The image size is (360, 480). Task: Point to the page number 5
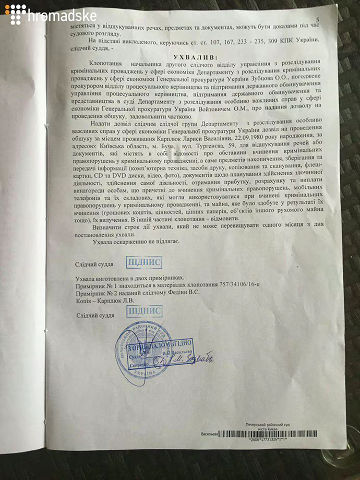pos(317,20)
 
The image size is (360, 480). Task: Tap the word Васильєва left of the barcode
pos(209,434)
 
